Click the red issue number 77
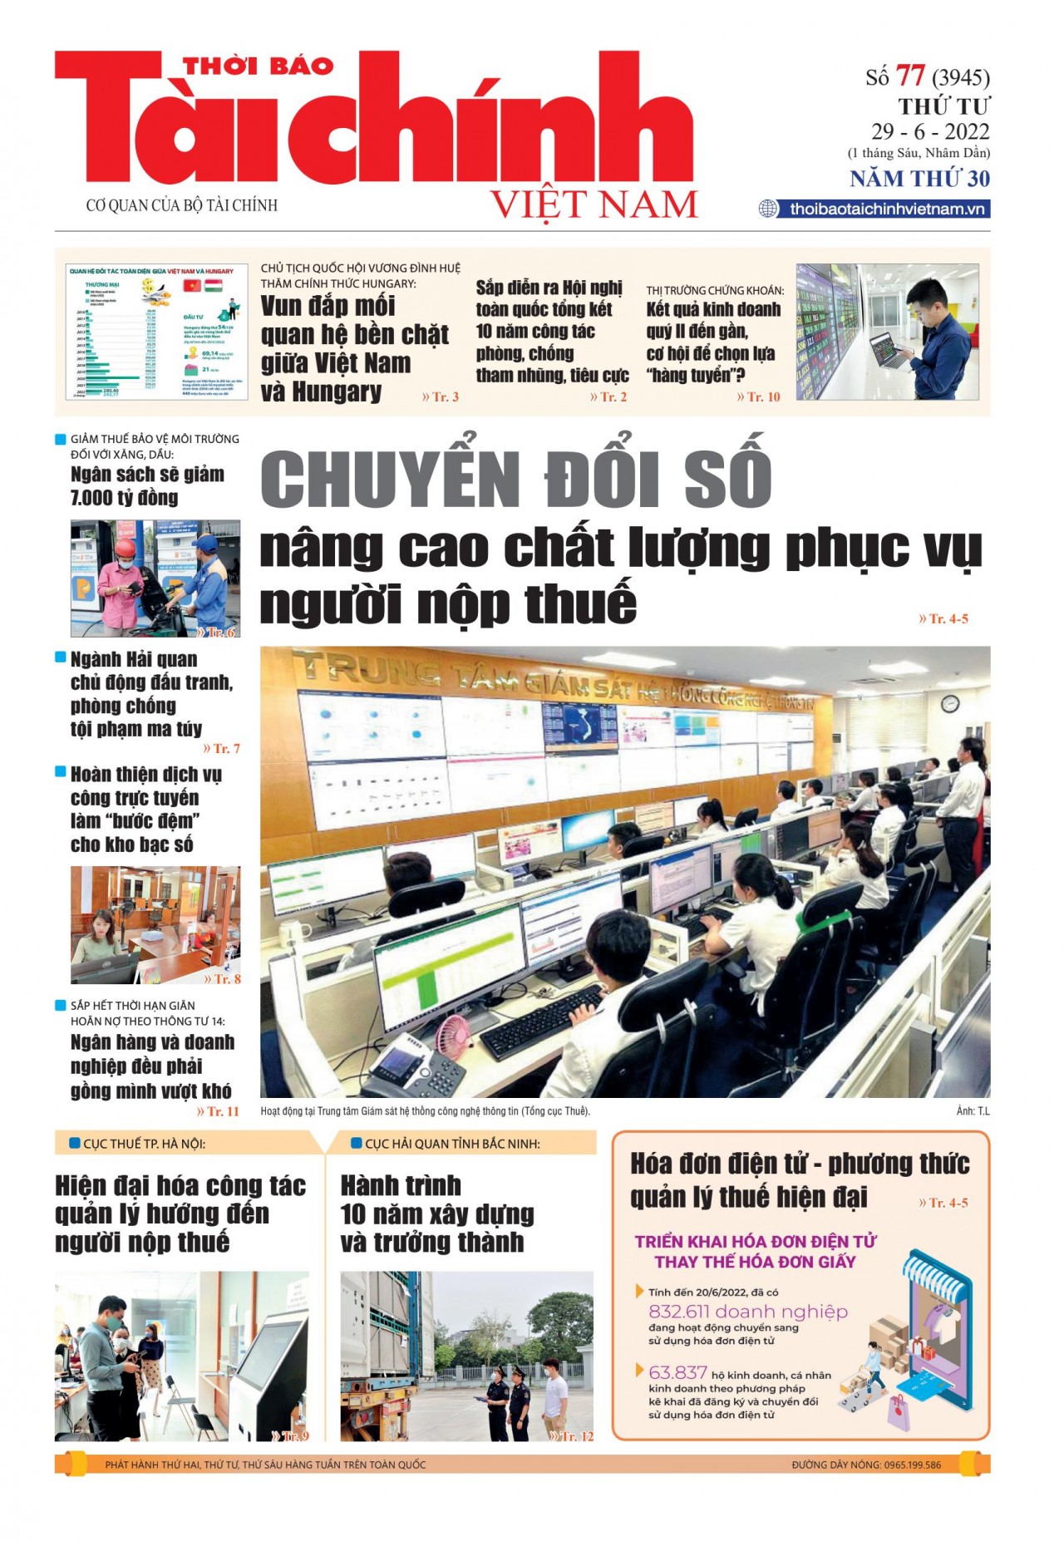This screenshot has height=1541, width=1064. coord(910,76)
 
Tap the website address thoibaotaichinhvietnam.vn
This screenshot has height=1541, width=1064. coord(887,209)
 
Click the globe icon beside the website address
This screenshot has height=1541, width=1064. coord(768,209)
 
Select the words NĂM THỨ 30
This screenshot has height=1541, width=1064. coord(919,179)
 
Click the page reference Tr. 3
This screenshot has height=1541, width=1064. coord(441,397)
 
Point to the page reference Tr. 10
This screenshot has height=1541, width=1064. coord(759,397)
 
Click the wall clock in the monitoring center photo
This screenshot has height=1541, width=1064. coord(950,704)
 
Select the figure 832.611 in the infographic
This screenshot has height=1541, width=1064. coord(679,1312)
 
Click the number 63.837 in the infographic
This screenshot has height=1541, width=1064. coord(677,1372)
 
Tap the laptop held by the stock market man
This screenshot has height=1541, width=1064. coord(887,351)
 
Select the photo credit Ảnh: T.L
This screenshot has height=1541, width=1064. coord(973,1111)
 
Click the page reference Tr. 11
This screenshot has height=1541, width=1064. coord(218,1111)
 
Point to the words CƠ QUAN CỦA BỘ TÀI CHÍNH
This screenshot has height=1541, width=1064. coord(182,205)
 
